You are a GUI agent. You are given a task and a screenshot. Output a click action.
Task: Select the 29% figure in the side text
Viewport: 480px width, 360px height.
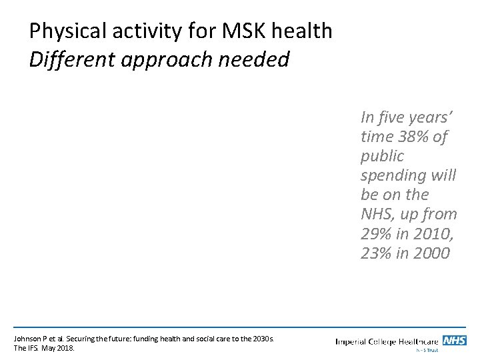point(377,233)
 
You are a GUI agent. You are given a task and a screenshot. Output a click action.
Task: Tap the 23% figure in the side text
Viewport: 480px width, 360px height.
point(377,253)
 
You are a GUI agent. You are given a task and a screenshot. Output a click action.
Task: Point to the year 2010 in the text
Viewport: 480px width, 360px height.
point(435,233)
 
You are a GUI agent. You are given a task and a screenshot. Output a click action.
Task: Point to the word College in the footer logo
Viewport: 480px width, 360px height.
point(395,341)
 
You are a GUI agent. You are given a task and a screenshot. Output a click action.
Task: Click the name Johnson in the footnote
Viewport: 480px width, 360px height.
point(27,338)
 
